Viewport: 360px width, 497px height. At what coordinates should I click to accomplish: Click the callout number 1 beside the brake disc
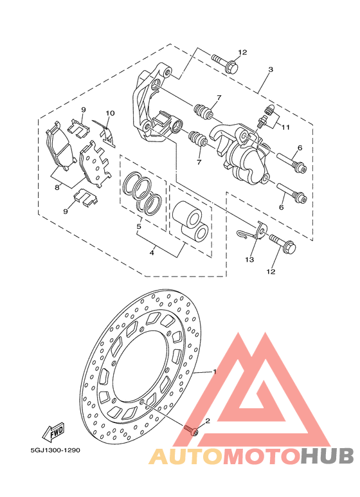tap(215, 371)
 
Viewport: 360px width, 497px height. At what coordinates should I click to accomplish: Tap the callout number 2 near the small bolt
tap(208, 421)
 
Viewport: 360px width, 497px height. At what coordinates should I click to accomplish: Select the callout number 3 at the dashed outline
tap(270, 69)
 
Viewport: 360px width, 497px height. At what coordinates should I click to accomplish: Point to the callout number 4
tap(152, 253)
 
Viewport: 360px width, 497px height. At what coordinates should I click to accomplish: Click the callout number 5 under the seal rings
tap(138, 226)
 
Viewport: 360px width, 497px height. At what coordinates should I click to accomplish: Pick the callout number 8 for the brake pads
tap(57, 187)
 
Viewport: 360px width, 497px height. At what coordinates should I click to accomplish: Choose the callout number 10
tap(110, 113)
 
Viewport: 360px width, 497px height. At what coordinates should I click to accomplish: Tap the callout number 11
tap(285, 127)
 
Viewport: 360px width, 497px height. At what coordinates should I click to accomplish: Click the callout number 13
tap(249, 260)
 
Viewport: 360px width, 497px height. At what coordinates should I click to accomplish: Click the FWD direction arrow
tap(53, 433)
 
